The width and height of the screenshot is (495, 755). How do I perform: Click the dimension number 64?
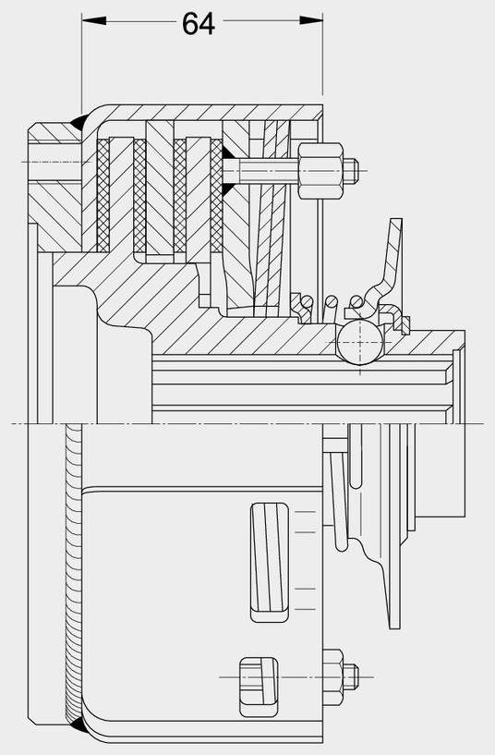pyautogui.click(x=199, y=23)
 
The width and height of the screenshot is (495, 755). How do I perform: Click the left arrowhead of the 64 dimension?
pyautogui.click(x=94, y=20)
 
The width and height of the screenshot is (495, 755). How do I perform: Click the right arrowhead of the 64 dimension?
pyautogui.click(x=310, y=20)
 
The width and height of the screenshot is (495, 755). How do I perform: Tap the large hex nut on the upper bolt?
pyautogui.click(x=321, y=170)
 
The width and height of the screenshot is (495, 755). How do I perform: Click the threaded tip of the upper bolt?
pyautogui.click(x=351, y=170)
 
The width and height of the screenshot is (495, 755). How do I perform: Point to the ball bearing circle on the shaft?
pyautogui.click(x=360, y=341)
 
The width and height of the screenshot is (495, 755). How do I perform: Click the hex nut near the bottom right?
pyautogui.click(x=333, y=677)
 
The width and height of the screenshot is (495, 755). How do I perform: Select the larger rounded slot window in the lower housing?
pyautogui.click(x=270, y=562)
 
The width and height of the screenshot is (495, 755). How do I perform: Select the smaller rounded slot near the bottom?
pyautogui.click(x=259, y=686)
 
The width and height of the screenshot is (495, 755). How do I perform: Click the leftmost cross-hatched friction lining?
pyautogui.click(x=103, y=196)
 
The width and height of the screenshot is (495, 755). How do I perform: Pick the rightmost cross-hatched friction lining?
pyautogui.click(x=216, y=196)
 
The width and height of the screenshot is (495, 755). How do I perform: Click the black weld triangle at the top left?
pyautogui.click(x=77, y=122)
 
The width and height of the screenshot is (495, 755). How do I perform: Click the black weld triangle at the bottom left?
pyautogui.click(x=77, y=725)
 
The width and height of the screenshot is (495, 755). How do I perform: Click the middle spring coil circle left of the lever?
pyautogui.click(x=331, y=301)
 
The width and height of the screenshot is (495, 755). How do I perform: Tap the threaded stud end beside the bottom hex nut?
pyautogui.click(x=351, y=677)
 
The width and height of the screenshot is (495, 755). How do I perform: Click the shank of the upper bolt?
pyautogui.click(x=260, y=170)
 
